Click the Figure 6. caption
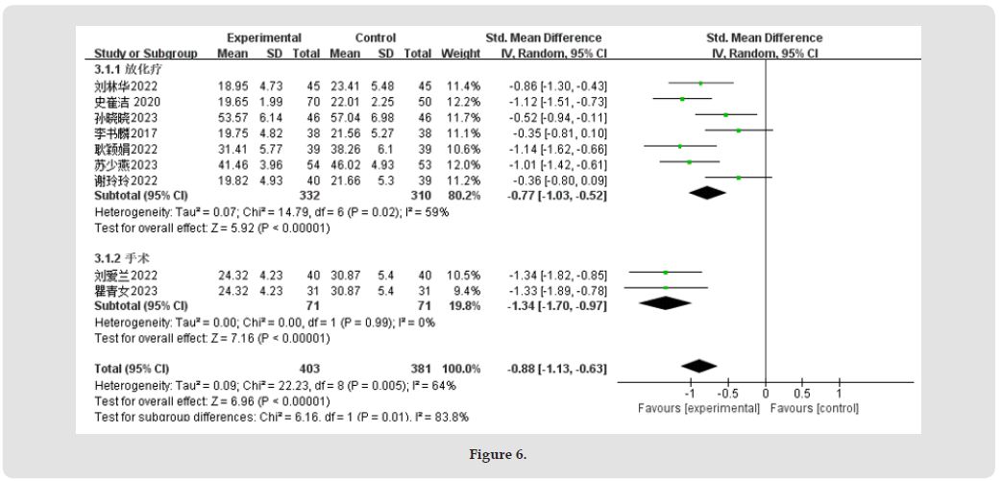tap(498, 454)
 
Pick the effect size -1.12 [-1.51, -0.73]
tap(557, 100)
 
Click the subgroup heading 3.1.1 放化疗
tap(124, 69)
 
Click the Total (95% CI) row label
tap(132, 368)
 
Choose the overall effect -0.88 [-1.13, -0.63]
tap(557, 368)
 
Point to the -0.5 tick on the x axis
tap(728, 393)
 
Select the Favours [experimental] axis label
tap(698, 408)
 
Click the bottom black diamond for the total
tap(698, 366)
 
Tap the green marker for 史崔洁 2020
tap(682, 99)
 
